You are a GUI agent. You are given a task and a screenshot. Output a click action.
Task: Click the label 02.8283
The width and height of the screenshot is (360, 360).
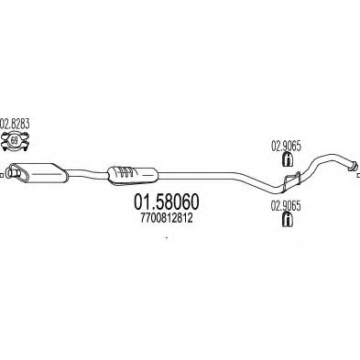[x=16, y=124]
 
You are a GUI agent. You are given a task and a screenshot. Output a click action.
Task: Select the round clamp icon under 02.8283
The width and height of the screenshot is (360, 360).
[x=16, y=140]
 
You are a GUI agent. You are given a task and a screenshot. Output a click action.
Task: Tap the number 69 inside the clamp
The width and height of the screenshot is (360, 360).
[x=16, y=141]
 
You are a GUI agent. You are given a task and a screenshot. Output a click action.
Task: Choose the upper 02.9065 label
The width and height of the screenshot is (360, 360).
[x=286, y=144]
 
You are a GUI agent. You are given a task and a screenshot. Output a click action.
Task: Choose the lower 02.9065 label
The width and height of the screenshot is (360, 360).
[x=287, y=207]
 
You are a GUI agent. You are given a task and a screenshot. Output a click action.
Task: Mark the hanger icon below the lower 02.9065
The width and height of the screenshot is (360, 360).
[x=289, y=221]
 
